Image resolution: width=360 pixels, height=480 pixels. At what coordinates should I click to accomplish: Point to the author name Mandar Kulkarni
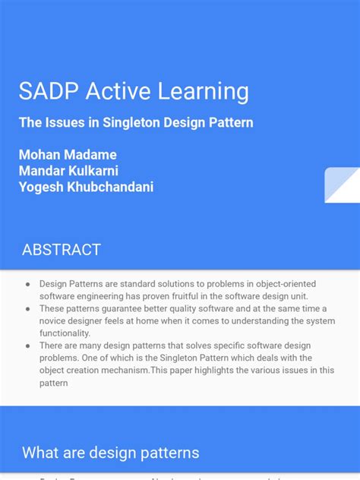point(68,170)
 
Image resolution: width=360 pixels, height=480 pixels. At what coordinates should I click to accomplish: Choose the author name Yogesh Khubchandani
point(86,187)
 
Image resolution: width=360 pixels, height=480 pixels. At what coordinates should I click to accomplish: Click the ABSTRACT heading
point(61,250)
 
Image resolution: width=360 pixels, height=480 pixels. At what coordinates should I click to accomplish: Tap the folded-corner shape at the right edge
point(341,185)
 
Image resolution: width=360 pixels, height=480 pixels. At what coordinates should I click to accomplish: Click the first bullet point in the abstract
point(27,283)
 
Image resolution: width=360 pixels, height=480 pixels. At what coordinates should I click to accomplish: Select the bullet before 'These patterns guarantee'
point(27,308)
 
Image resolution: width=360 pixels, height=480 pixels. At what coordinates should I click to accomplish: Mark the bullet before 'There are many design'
point(27,346)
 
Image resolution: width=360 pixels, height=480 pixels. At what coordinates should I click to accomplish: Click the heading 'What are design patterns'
point(110,453)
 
